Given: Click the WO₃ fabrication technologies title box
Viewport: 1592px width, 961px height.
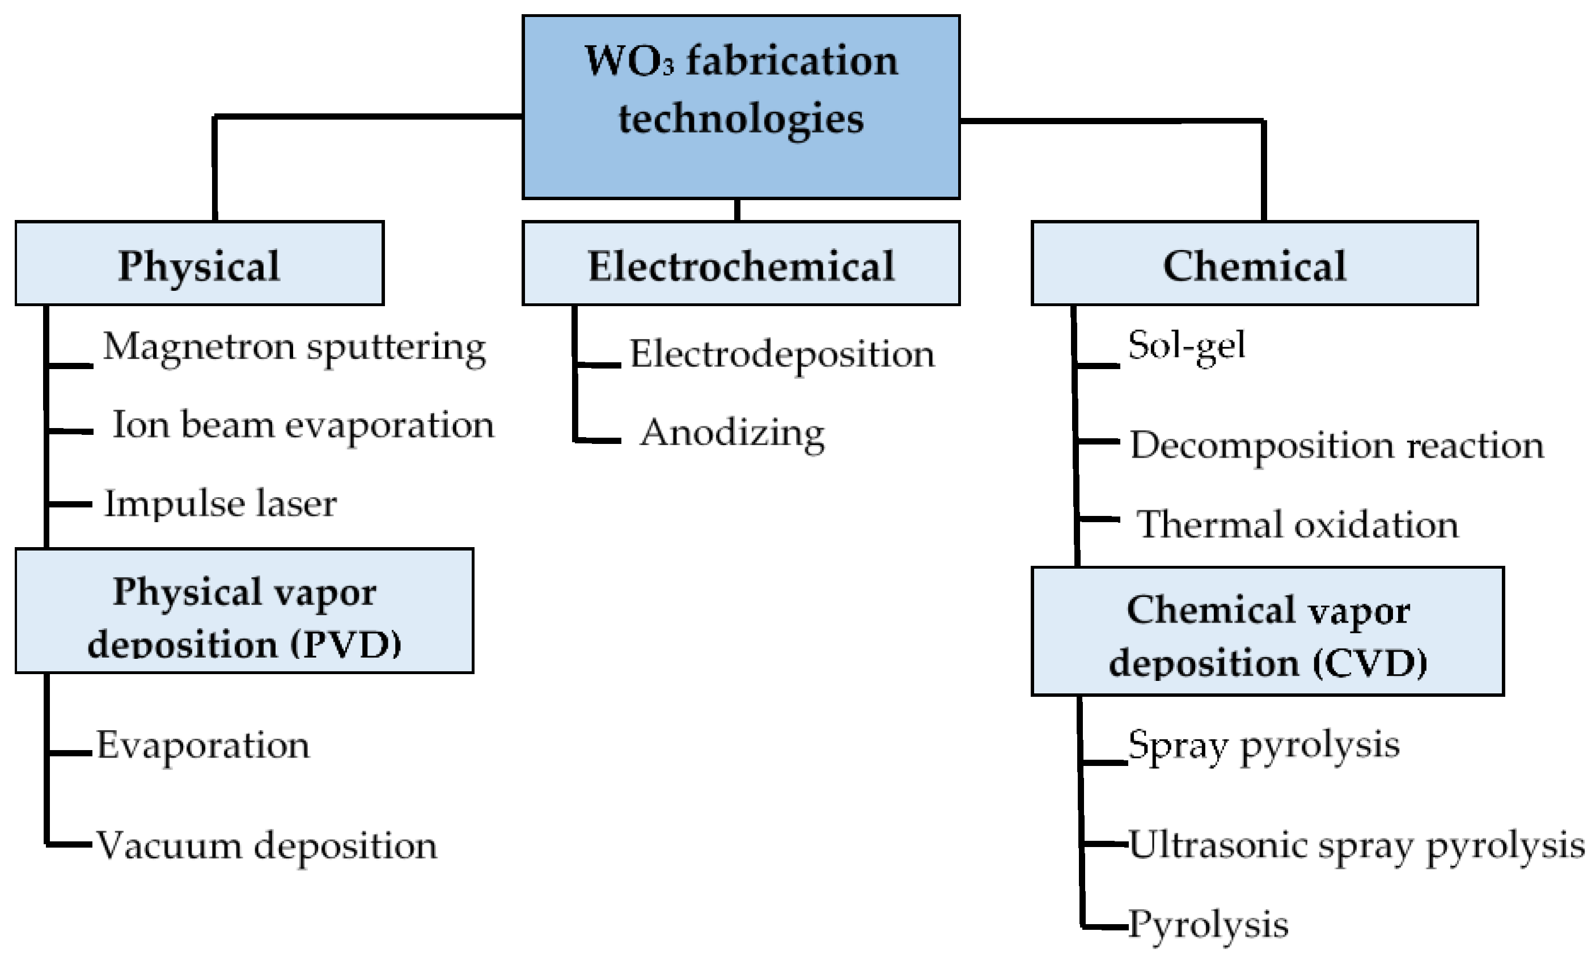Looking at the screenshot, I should tap(740, 107).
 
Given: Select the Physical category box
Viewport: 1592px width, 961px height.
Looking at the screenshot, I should tap(199, 263).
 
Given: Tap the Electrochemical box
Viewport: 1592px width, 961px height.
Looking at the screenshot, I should tap(740, 263).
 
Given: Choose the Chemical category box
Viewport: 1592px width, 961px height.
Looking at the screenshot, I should tap(1254, 263).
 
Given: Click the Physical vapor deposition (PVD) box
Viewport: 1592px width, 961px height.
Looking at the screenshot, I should tap(244, 611).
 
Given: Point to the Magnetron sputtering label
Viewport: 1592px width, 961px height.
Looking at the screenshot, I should tap(294, 348).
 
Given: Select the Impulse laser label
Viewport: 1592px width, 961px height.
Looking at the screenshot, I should tap(219, 503).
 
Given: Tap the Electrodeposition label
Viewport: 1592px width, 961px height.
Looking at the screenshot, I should tap(782, 355).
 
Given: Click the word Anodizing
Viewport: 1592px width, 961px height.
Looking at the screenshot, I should tap(732, 433).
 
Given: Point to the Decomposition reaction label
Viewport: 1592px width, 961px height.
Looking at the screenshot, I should tap(1336, 447).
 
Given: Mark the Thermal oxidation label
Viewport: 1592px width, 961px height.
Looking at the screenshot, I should tap(1297, 524).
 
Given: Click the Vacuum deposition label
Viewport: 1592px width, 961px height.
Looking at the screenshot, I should tap(266, 846).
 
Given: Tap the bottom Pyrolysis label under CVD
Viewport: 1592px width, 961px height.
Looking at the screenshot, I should tap(1208, 925).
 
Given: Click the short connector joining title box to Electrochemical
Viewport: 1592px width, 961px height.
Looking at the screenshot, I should tap(737, 210).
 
